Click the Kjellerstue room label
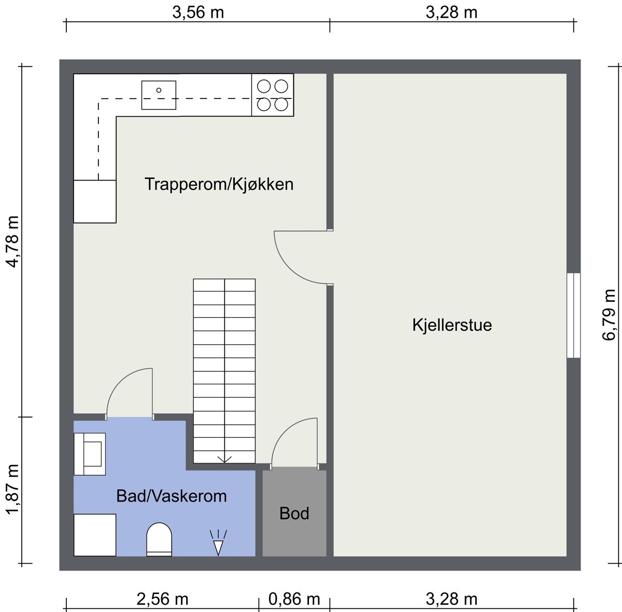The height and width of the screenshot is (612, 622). coord(452,325)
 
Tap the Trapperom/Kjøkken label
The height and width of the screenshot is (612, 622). coord(219,184)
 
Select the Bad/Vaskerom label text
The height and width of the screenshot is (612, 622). coord(172,496)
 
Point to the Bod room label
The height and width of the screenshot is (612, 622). coord(294,513)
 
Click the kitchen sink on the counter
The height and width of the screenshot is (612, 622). coord(159,95)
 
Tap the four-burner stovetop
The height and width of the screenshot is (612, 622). coord(273,95)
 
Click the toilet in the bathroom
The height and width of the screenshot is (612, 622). coord(159,539)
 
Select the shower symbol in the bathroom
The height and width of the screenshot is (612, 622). coord(218,542)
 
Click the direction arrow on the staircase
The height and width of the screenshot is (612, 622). coord(224,458)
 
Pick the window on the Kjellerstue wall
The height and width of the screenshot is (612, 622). coord(573,315)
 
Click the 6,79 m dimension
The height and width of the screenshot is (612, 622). coord(609,315)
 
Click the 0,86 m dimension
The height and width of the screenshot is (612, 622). coord(294,600)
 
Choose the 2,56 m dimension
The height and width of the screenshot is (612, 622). coord(162,600)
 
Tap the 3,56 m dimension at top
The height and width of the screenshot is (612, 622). coord(198,12)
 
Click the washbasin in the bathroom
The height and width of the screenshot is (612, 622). coord(90,454)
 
